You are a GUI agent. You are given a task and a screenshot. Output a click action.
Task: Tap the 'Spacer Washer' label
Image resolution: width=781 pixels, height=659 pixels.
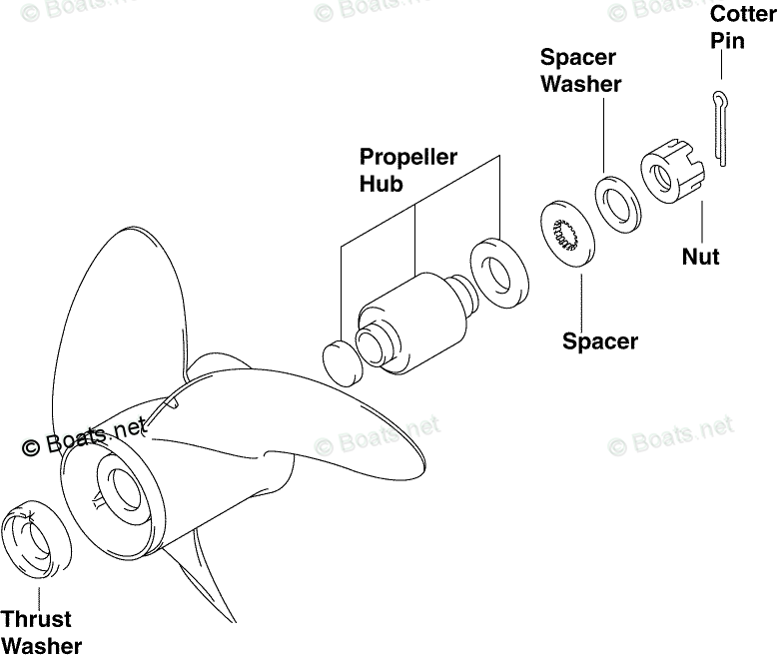tap(580, 70)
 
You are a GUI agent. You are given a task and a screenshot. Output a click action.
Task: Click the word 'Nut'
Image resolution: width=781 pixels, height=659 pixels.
tap(700, 257)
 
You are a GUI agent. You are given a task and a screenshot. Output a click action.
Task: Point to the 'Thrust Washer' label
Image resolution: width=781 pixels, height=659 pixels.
tap(41, 632)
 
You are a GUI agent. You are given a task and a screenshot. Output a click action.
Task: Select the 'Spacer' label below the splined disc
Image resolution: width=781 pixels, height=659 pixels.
tap(599, 341)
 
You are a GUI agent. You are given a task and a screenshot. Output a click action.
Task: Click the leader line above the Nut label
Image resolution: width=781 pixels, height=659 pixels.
tap(702, 222)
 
